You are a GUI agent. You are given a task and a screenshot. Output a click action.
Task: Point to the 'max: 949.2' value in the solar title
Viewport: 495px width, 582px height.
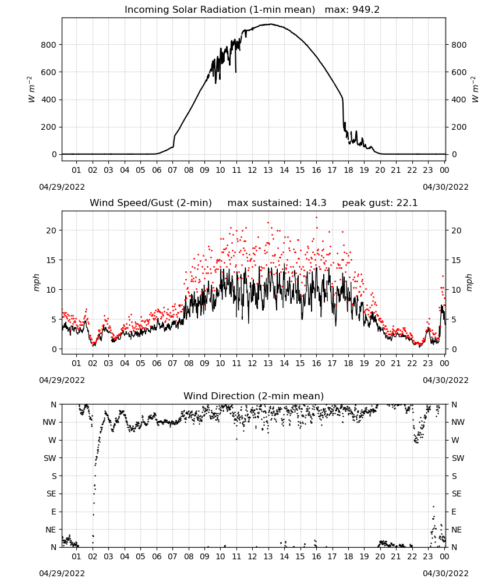point(352,10)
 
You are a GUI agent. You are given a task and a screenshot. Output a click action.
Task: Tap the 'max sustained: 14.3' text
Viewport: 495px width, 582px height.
point(277,203)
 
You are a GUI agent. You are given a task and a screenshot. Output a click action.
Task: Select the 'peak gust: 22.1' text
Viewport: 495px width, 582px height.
point(380,203)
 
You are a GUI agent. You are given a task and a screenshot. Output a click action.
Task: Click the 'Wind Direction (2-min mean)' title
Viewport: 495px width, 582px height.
point(254,396)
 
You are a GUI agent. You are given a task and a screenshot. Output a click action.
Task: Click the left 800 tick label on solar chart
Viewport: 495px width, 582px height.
point(49,45)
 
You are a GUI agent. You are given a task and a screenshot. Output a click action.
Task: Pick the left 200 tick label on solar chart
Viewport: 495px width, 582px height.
point(49,127)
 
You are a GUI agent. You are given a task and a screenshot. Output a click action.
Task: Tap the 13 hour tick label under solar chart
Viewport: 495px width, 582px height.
point(268,170)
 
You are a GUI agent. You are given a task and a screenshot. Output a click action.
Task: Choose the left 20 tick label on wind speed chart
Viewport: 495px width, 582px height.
point(51,230)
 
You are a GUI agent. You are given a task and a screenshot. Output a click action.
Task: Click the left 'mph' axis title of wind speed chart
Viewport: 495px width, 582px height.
point(36,282)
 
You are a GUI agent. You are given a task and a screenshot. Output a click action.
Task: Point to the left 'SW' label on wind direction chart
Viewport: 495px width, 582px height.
point(50,458)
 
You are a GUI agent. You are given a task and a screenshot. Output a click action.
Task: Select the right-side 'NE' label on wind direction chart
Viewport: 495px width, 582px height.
point(457,530)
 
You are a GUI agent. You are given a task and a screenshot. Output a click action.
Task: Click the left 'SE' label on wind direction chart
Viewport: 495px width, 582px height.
point(51,494)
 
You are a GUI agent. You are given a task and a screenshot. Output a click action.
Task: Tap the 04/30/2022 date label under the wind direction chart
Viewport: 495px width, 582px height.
point(446,573)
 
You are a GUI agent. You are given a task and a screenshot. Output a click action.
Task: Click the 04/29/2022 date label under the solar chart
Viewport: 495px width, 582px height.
point(62,187)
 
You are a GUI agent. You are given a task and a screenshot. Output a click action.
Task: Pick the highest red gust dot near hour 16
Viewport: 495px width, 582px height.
point(316,218)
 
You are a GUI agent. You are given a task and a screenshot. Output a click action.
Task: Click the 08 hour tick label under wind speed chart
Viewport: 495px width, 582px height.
point(189,363)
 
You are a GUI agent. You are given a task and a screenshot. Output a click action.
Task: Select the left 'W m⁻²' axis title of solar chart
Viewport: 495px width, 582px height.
point(31,90)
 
